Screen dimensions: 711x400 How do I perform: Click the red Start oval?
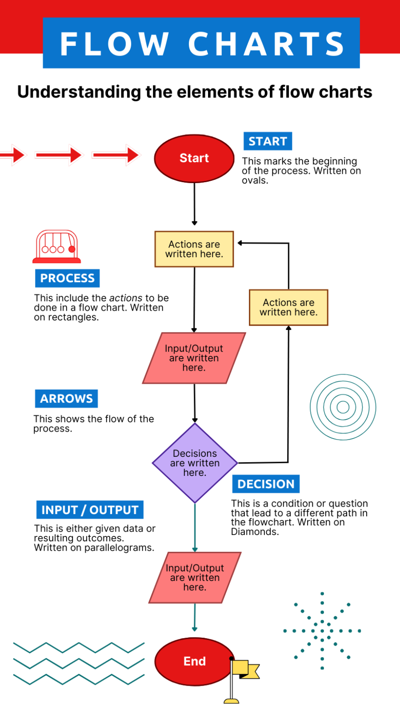[194, 159]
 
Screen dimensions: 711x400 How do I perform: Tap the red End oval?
[194, 661]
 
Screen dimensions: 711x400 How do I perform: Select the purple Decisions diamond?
[195, 463]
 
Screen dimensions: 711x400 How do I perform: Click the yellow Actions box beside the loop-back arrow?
[288, 308]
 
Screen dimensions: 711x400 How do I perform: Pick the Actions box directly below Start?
[194, 249]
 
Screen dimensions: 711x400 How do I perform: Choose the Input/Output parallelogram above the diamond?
[194, 358]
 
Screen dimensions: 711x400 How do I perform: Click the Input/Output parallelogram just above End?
[195, 578]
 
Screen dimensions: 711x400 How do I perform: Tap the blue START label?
[268, 141]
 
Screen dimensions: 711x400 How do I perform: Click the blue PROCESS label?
[67, 278]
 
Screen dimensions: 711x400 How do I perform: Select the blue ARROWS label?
[66, 399]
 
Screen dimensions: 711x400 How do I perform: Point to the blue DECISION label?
[266, 484]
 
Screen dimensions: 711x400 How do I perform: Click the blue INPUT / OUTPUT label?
[90, 510]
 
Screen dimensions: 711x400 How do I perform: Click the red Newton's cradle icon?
[57, 247]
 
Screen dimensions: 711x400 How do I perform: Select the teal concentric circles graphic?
[343, 407]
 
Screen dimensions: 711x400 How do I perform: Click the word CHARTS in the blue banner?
[266, 44]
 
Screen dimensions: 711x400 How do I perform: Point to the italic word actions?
[126, 298]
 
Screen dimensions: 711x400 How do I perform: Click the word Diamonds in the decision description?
[254, 532]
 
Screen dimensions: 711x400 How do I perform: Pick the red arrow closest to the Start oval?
[116, 155]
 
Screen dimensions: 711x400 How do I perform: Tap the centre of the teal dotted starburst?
[322, 631]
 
